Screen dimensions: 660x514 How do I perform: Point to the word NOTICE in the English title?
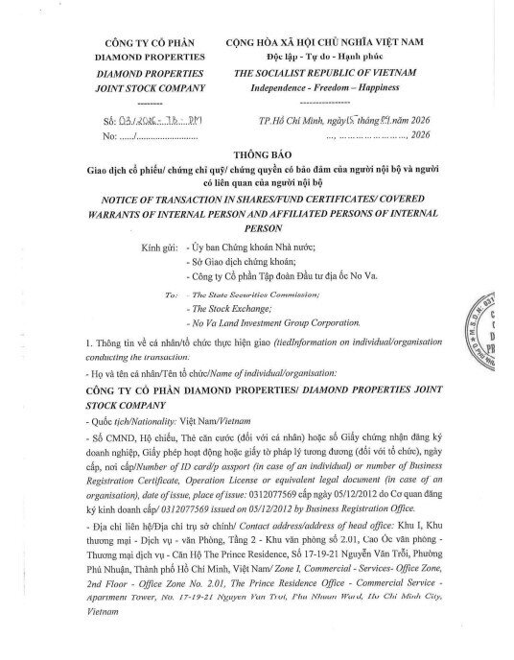tap(114, 194)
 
